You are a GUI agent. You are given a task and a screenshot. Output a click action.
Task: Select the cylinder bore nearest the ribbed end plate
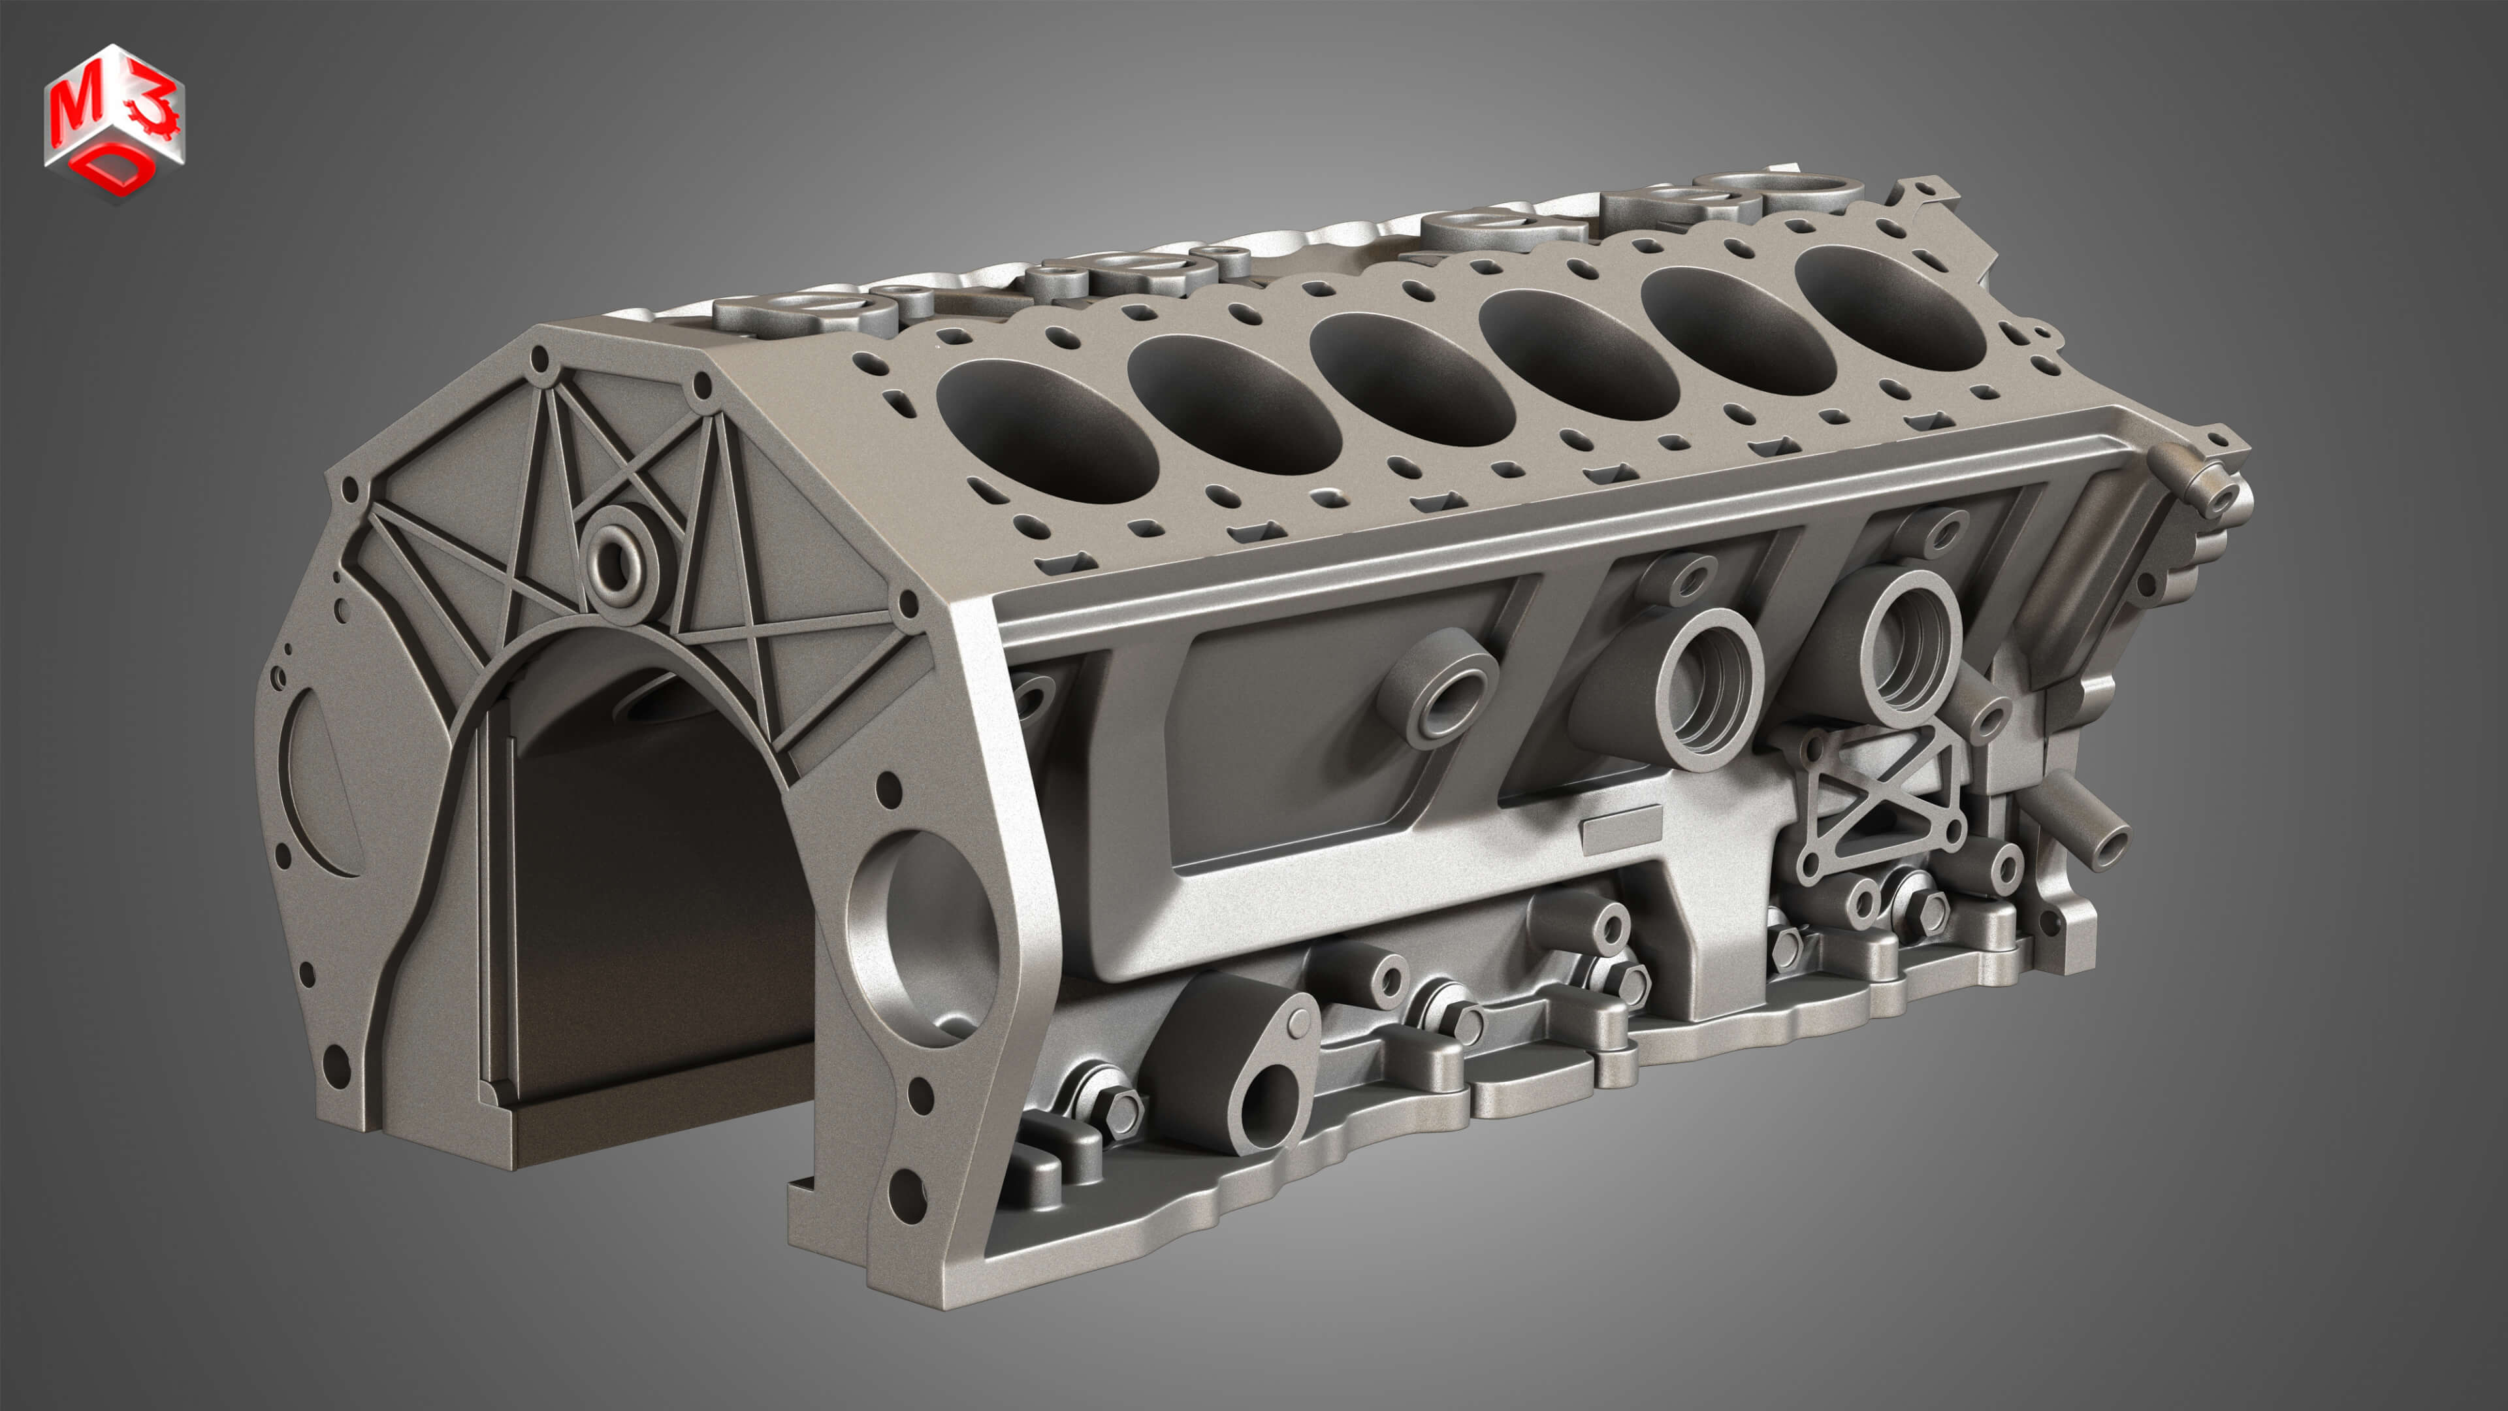click(1046, 429)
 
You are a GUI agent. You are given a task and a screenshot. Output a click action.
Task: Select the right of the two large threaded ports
click(1906, 647)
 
